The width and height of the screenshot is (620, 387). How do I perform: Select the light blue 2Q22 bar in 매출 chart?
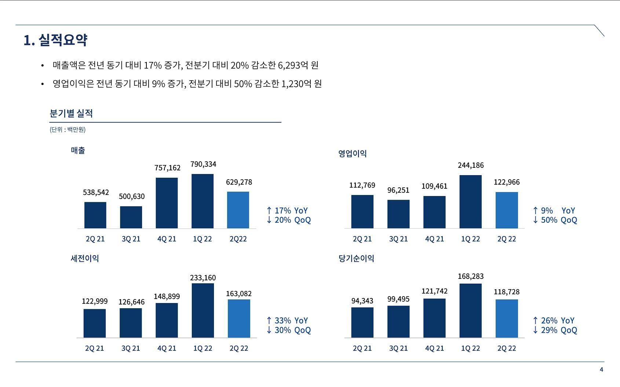[238, 210]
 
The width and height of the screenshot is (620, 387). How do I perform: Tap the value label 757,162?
[167, 168]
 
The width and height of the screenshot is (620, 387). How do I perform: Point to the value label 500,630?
[132, 196]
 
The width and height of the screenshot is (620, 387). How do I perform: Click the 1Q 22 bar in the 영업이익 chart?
[470, 202]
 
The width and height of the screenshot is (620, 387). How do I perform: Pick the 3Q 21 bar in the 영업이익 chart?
[398, 214]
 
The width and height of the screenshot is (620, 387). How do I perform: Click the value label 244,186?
[471, 165]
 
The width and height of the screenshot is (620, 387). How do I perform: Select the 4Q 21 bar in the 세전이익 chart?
[167, 320]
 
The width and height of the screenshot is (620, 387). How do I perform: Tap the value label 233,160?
[203, 278]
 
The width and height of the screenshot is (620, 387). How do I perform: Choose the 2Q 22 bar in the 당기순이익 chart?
[507, 318]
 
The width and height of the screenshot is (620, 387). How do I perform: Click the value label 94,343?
[362, 301]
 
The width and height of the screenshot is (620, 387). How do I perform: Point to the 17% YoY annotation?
[287, 210]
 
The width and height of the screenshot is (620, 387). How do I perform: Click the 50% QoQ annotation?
[555, 220]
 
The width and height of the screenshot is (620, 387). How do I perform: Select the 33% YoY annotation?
[287, 321]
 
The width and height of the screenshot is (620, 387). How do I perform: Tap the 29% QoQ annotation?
[555, 330]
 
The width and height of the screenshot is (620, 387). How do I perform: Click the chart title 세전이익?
[85, 258]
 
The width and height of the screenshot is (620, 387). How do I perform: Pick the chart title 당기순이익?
[356, 258]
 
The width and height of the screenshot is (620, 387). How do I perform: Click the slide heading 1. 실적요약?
[55, 40]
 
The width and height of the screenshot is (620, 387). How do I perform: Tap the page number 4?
[601, 369]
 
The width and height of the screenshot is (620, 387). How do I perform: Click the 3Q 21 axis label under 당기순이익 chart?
[398, 348]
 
